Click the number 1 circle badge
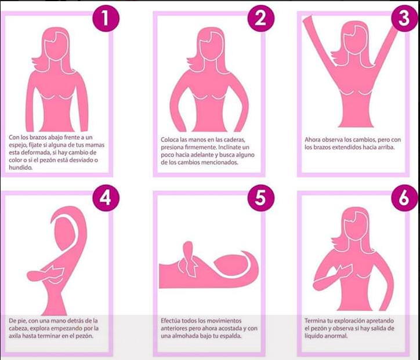(x=106, y=18)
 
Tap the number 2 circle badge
(x=261, y=18)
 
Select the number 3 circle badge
(x=404, y=18)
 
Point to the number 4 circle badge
(x=106, y=198)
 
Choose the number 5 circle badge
(x=261, y=198)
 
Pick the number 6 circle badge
(x=404, y=198)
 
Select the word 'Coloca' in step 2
(x=169, y=140)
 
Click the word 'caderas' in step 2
(x=234, y=140)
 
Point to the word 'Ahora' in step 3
(x=312, y=140)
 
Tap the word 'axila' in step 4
(x=15, y=336)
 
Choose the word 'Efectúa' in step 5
(x=171, y=321)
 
